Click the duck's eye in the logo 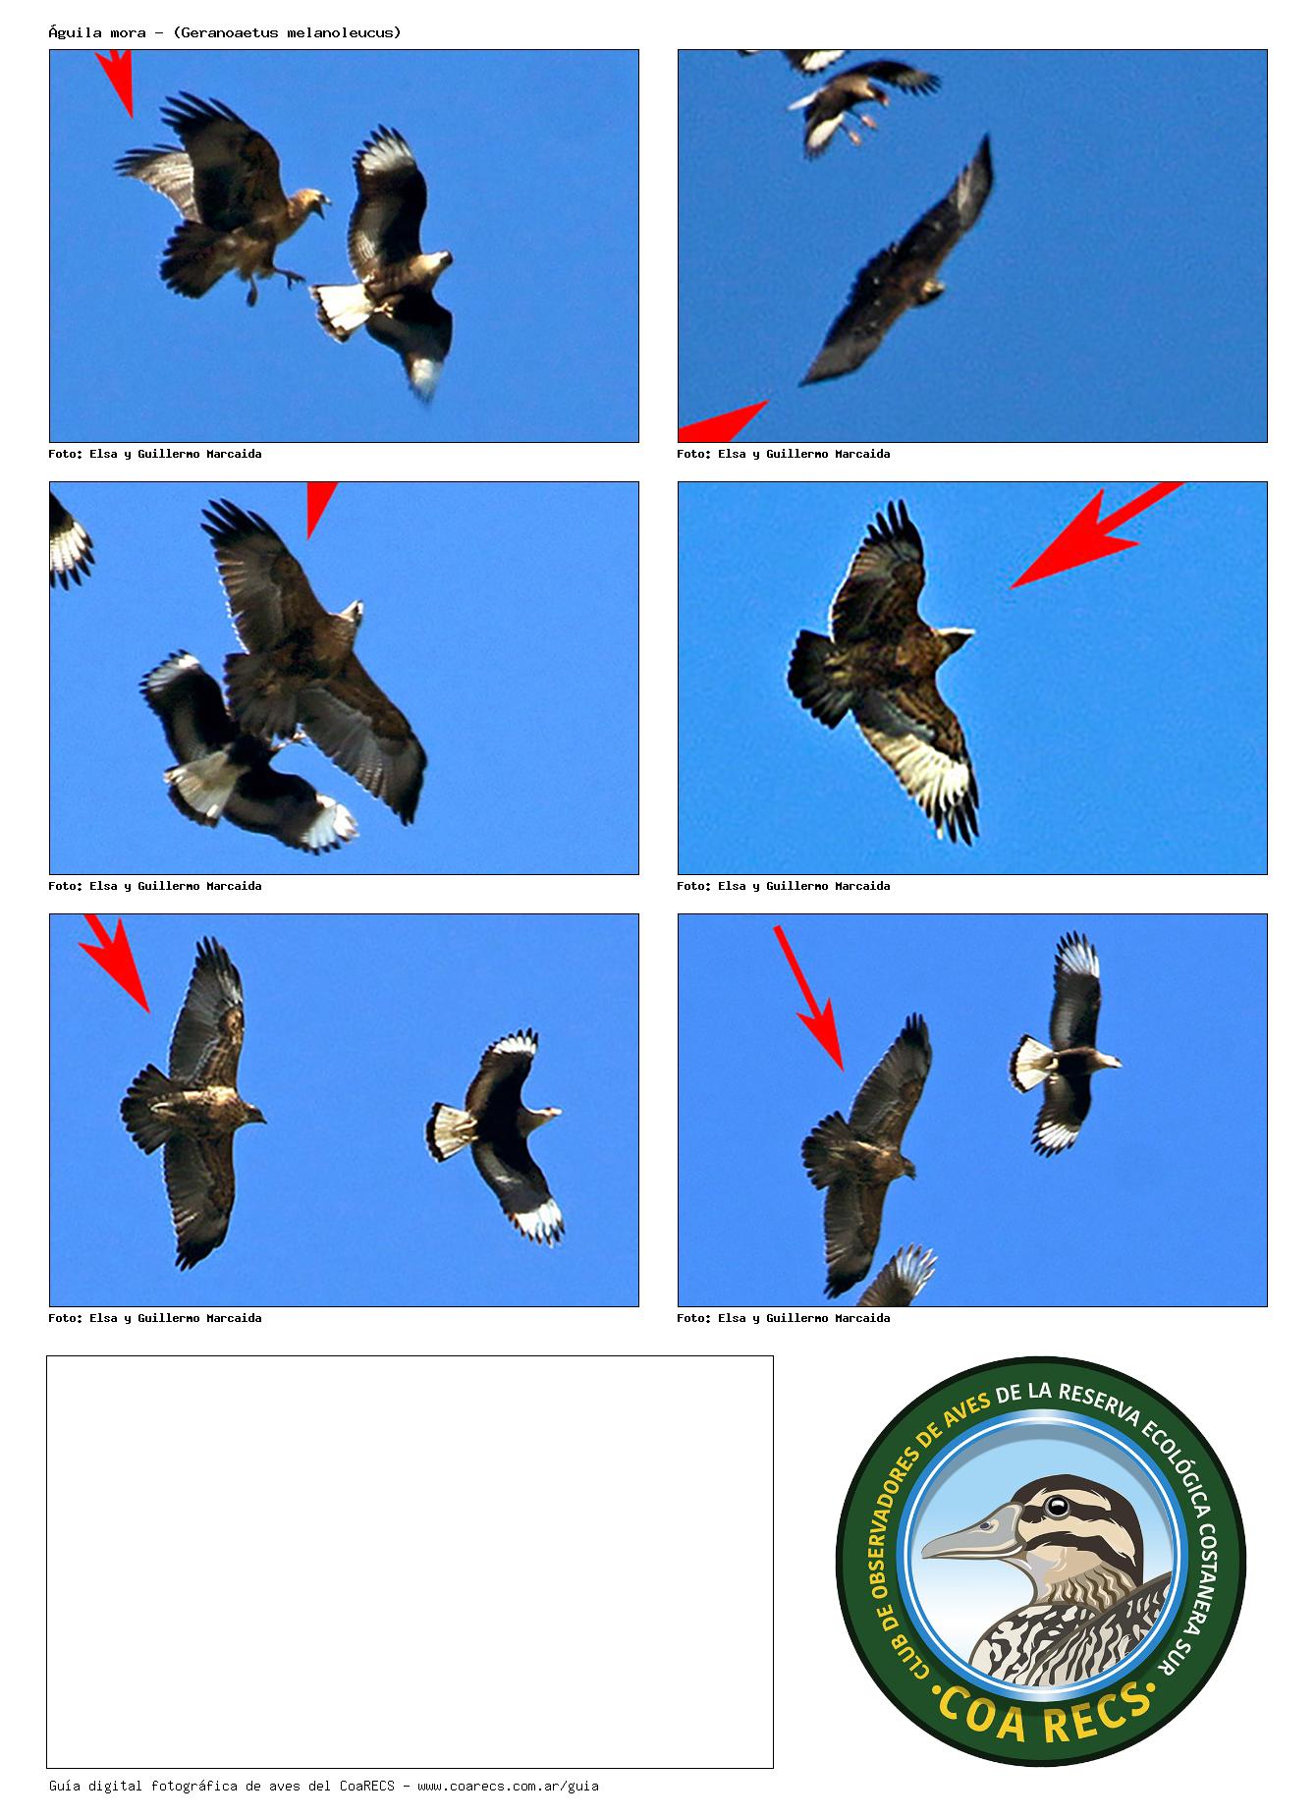(x=1058, y=1506)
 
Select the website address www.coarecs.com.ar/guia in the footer (x=508, y=1786)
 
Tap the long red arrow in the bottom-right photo (x=808, y=997)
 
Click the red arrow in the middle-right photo (x=1096, y=534)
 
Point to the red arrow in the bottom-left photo (x=115, y=963)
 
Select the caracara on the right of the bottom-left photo (x=496, y=1136)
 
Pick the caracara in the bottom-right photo (x=1065, y=1043)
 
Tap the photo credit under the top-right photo (x=784, y=454)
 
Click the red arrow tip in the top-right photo (x=766, y=402)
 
